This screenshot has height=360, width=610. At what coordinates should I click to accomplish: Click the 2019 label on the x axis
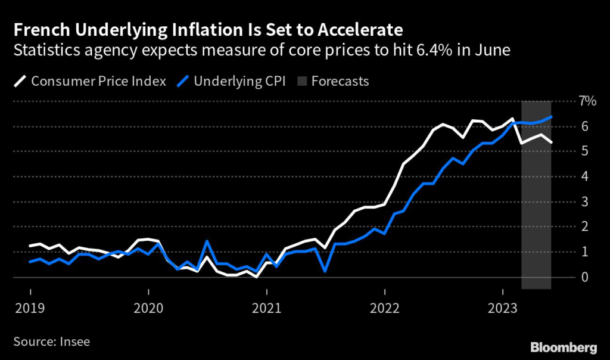click(30, 309)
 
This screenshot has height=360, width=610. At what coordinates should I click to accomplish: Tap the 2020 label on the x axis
click(148, 309)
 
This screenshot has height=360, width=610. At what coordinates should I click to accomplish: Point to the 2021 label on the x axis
click(267, 309)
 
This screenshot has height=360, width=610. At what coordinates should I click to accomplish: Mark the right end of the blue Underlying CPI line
click(551, 117)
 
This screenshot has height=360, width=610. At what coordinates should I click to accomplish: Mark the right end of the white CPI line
click(551, 142)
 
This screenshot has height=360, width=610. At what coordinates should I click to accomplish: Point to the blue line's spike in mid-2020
click(207, 241)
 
